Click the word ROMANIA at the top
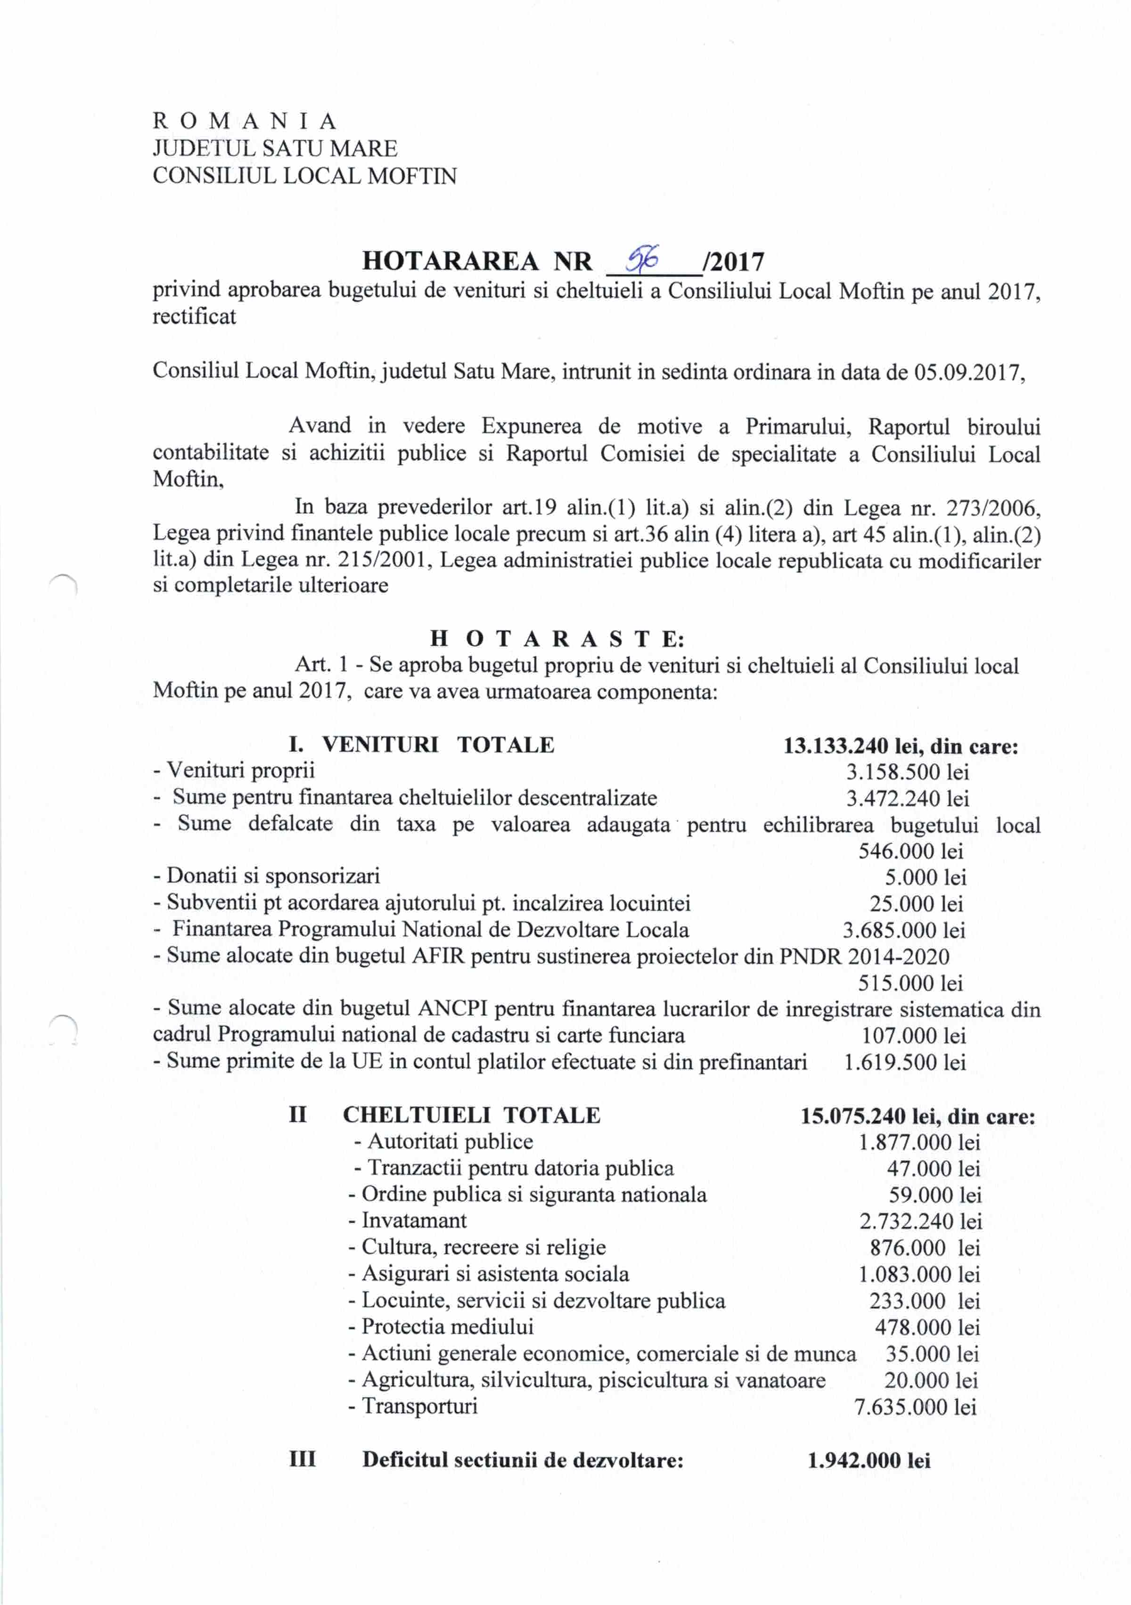tap(245, 122)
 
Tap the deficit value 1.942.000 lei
tap(869, 1461)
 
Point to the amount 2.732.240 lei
tap(920, 1221)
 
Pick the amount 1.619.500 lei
tap(904, 1063)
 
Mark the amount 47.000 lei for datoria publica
tap(933, 1168)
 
